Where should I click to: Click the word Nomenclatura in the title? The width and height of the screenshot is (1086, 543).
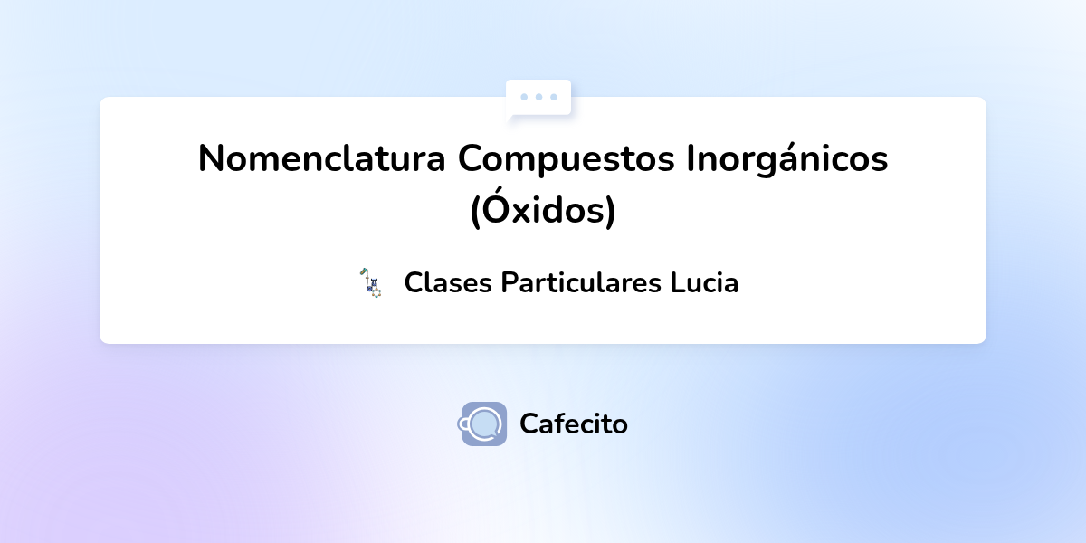tap(322, 160)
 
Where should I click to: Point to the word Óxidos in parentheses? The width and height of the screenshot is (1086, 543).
tap(543, 211)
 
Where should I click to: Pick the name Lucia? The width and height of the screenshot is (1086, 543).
tap(704, 283)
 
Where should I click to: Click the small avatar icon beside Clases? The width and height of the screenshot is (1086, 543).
tap(370, 283)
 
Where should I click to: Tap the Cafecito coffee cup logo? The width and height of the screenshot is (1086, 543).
tap(483, 424)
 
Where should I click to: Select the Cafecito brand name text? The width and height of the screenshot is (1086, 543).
tap(574, 424)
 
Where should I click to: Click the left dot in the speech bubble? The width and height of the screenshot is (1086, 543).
tap(524, 97)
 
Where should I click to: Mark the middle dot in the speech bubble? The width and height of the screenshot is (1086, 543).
tap(538, 97)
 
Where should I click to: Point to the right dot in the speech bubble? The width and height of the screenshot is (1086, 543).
tap(553, 97)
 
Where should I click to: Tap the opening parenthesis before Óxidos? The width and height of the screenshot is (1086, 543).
tap(475, 212)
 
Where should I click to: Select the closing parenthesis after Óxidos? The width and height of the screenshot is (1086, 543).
tap(611, 212)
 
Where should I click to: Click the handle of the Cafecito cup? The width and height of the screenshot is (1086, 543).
tap(465, 423)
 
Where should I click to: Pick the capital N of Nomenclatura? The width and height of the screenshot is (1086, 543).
tap(211, 160)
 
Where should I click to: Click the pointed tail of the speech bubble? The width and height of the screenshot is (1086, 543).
tap(511, 117)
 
